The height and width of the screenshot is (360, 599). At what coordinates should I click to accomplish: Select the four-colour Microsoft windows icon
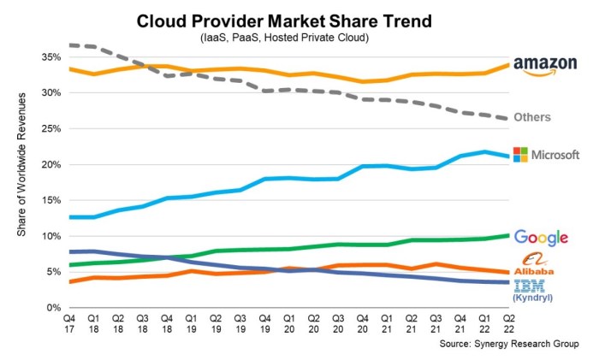pos(520,154)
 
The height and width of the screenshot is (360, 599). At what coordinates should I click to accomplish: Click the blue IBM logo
pos(530,287)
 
